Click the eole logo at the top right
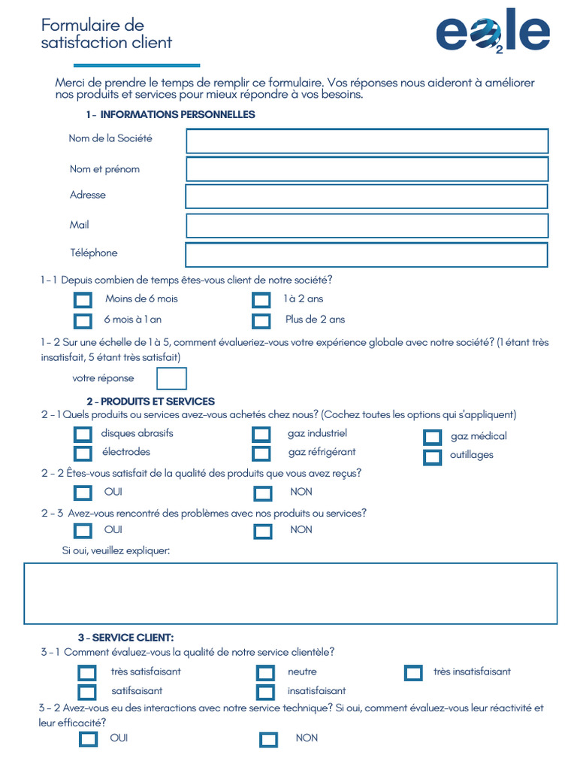click(x=492, y=32)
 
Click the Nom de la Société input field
click(x=367, y=141)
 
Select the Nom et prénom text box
click(x=367, y=169)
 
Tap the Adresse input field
click(x=367, y=196)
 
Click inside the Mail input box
click(x=367, y=226)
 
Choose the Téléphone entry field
click(x=367, y=255)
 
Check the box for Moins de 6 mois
click(x=83, y=301)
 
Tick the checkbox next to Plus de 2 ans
click(x=261, y=321)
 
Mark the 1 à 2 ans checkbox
click(x=261, y=301)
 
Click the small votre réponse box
click(x=171, y=378)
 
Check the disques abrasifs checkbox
click(x=83, y=435)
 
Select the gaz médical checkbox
click(x=432, y=438)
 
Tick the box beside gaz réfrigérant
click(x=261, y=453)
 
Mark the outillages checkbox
click(x=432, y=457)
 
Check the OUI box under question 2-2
click(x=83, y=493)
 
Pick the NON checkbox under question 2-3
click(x=262, y=532)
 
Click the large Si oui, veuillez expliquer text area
click(x=290, y=593)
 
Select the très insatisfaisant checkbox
click(x=413, y=673)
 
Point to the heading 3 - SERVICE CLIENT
click(x=125, y=638)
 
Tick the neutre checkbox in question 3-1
click(x=265, y=673)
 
